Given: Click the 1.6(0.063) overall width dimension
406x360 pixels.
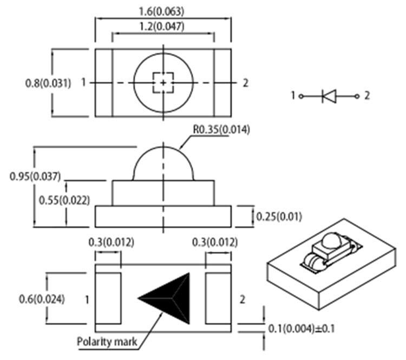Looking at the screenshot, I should pos(163,11).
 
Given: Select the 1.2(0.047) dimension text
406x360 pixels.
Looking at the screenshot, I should pos(163,25).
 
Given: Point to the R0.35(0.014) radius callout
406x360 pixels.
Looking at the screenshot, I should pos(221,130).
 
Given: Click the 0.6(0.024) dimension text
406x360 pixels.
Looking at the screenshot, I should pos(41,298).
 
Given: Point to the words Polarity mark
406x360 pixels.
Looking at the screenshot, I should pos(107,342).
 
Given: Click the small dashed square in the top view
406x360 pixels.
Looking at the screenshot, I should pos(163,82).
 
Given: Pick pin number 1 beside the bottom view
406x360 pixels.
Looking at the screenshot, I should pos(87,299).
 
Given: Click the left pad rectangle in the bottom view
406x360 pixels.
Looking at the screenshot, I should pos(108,298).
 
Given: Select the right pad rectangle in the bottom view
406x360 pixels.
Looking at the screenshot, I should pos(219,298).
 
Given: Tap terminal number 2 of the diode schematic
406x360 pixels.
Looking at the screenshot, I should pos(367,96).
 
